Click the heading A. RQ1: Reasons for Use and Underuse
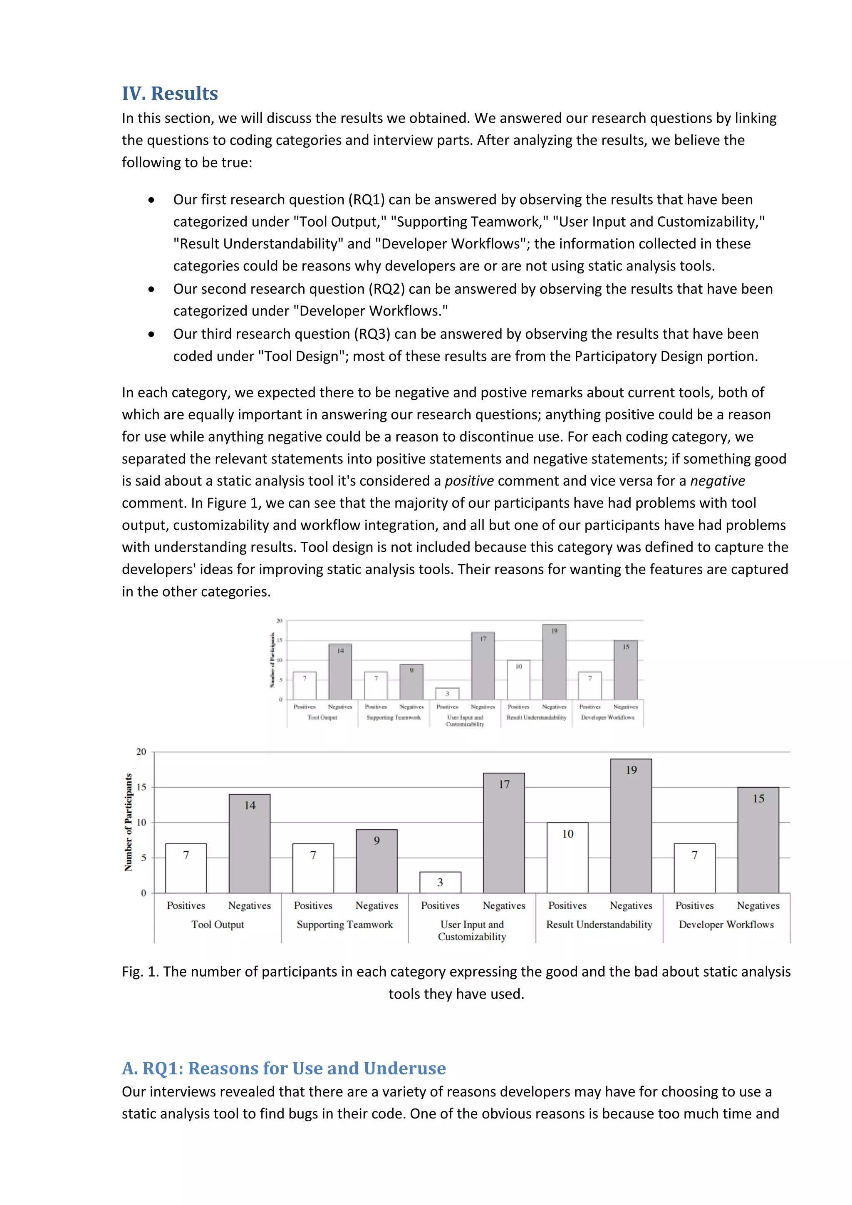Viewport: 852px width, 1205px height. [x=283, y=1068]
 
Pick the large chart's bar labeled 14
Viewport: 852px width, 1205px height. [x=250, y=843]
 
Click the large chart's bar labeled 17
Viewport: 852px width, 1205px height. [x=504, y=833]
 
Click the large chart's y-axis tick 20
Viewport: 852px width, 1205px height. [x=141, y=752]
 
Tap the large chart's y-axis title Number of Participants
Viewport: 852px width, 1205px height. [x=128, y=822]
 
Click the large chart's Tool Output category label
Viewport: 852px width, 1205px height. [x=217, y=925]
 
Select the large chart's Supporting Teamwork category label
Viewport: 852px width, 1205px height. [x=345, y=925]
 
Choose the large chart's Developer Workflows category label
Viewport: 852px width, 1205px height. [x=726, y=925]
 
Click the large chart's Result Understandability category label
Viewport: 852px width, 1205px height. [x=599, y=925]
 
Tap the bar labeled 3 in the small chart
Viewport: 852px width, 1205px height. [x=447, y=693]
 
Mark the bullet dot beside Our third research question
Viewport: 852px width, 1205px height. [x=151, y=334]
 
